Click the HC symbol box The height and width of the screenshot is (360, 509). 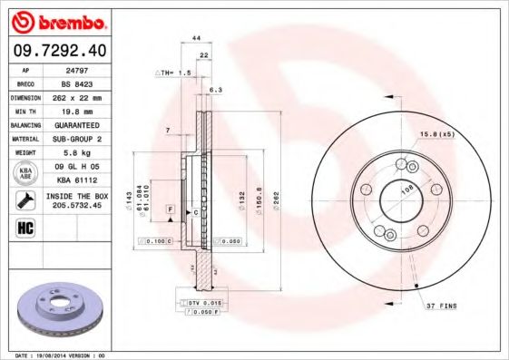24,227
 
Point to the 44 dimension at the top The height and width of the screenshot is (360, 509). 196,39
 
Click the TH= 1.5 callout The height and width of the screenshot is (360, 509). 174,72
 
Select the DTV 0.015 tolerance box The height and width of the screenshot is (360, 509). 207,300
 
